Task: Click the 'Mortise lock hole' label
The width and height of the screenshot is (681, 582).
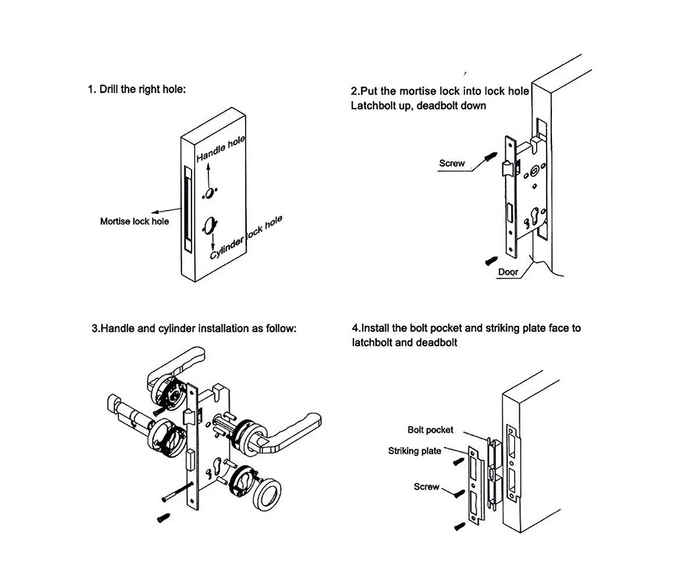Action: (134, 221)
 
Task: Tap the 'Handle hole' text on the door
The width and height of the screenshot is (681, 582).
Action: (221, 149)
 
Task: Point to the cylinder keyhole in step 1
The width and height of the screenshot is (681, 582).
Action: (211, 225)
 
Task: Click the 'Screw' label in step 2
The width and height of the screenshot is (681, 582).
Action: (452, 164)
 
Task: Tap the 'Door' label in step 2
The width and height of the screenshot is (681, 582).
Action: (508, 272)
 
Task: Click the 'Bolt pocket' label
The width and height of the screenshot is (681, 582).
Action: (430, 430)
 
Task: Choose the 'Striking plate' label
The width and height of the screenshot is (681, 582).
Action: (414, 451)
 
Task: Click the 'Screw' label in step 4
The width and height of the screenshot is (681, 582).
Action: (426, 487)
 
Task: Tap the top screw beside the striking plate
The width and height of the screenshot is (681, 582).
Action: (459, 462)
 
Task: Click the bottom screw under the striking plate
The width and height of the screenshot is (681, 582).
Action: (459, 527)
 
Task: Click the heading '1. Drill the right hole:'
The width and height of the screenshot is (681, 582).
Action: (137, 90)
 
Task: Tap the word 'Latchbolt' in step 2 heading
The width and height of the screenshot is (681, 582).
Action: (374, 106)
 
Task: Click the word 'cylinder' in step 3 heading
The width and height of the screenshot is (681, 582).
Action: (178, 328)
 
